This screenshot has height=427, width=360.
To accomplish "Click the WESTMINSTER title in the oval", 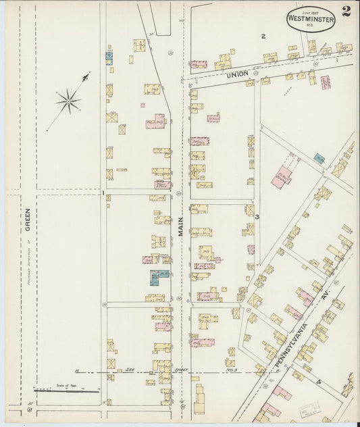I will coord(309,20).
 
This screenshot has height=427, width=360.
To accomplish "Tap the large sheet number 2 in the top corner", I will coord(346,11).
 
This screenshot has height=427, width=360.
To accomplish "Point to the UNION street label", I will coord(238,73).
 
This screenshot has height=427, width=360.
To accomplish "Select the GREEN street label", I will coord(28,219).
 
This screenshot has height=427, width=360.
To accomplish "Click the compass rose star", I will coord(68,102).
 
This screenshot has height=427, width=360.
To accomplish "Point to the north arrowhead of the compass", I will coord(86,76).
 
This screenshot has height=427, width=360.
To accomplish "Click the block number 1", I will coord(103,193).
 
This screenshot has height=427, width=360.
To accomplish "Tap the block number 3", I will coord(257,216).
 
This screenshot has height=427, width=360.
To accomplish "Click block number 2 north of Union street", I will coord(263,36).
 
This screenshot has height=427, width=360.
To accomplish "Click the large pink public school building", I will coord(282,178).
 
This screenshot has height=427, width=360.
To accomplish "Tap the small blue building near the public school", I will coord(319,159).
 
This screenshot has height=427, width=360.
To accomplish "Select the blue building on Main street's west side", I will coord(158,276).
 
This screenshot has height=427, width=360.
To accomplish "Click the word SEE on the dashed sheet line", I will coord(130,371).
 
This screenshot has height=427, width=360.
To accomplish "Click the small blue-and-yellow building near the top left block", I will coord(109,57).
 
